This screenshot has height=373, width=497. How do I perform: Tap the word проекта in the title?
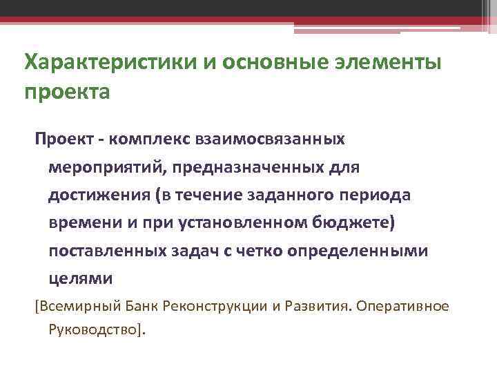click(x=67, y=91)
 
